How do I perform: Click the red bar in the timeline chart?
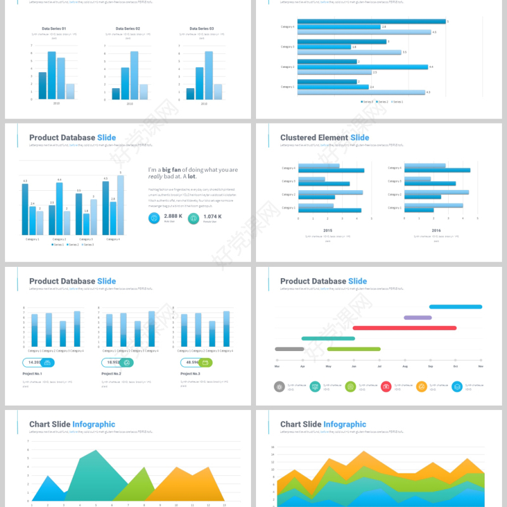pos(404,328)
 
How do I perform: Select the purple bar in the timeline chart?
pos(418,318)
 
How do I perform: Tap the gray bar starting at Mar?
pos(290,349)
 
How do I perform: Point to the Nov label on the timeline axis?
pos(481,367)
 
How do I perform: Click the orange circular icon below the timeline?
pos(421,387)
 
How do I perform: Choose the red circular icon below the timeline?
pos(386,387)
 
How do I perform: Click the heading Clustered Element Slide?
pos(324,138)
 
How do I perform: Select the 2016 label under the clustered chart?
pos(436,231)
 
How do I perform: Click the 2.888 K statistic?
pos(173,216)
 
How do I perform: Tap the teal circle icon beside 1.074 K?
pos(193,218)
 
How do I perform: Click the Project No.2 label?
pos(112,374)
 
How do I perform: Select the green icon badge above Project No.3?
pos(205,363)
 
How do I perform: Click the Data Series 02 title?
pos(128,29)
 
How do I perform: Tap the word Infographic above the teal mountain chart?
pos(93,425)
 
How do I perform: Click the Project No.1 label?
pos(32,374)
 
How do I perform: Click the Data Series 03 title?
pos(202,29)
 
